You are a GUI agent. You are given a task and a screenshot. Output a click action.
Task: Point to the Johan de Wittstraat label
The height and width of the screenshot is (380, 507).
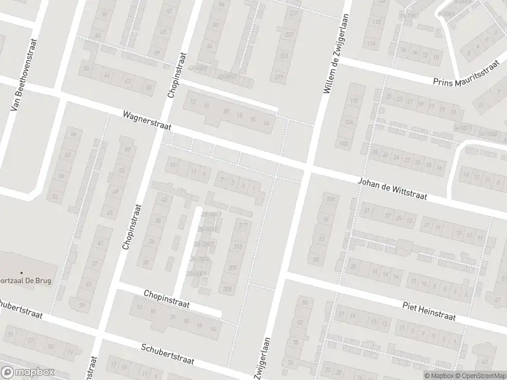tap(393, 189)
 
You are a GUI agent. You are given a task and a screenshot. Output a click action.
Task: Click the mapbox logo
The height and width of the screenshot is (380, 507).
tap(27, 372)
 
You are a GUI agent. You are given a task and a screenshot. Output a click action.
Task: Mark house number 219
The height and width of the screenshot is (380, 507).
tap(238, 247)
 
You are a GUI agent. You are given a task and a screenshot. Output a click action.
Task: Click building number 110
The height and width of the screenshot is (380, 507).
tap(354, 101)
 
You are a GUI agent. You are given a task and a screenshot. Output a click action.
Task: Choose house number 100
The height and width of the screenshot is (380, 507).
tap(329, 200)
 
